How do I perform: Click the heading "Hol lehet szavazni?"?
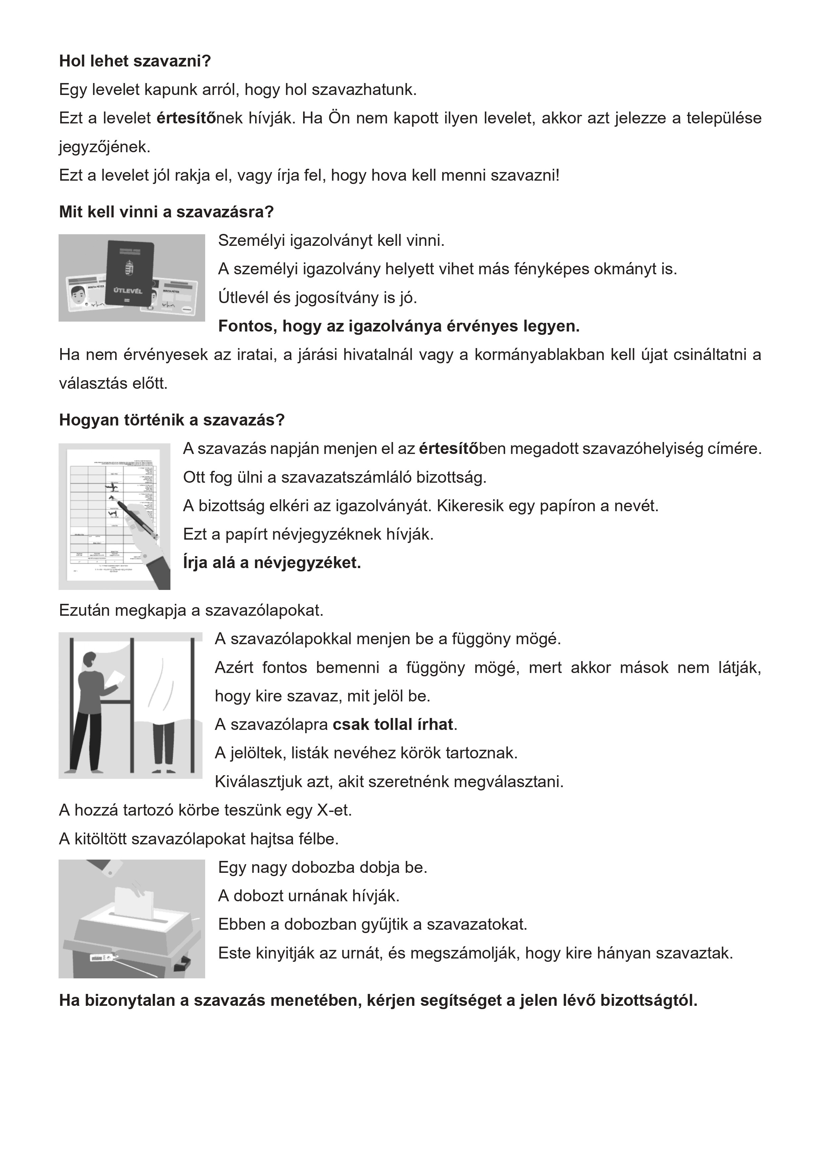(x=135, y=61)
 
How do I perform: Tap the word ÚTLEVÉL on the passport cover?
(x=127, y=291)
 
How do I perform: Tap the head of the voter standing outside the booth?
(x=89, y=659)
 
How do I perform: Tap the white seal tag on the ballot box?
(x=100, y=957)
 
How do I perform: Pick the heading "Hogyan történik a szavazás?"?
(x=172, y=420)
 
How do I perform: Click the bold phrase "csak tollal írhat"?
(x=392, y=725)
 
